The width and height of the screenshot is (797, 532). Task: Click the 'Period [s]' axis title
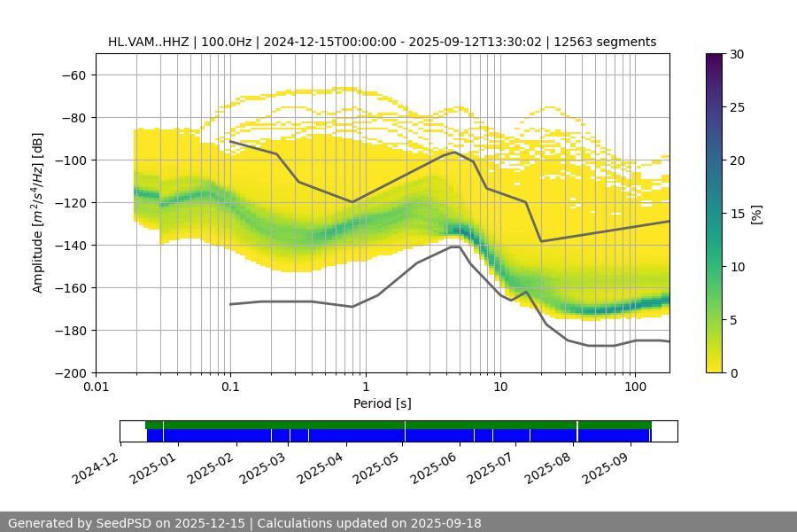pyautogui.click(x=383, y=404)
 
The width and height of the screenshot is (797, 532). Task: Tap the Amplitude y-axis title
pyautogui.click(x=37, y=213)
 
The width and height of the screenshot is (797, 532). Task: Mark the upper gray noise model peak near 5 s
pyautogui.click(x=454, y=152)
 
